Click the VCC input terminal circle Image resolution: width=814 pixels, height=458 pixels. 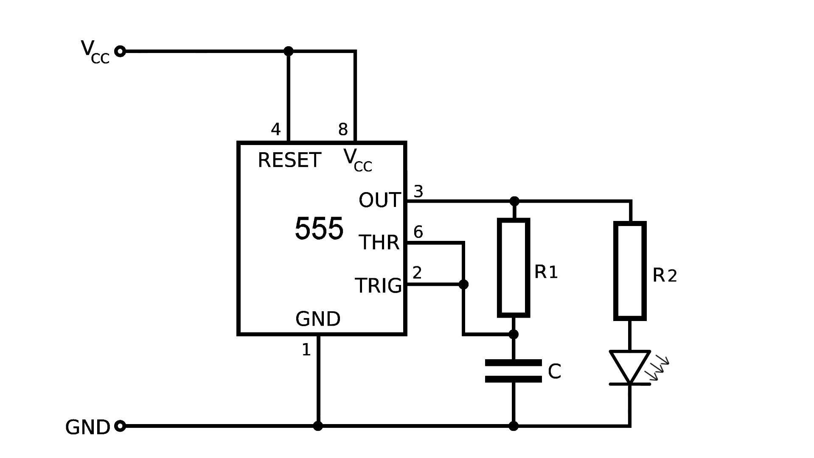pos(121,52)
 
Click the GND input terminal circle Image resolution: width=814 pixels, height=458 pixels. pos(121,426)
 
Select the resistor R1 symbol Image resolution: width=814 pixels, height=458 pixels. pos(514,268)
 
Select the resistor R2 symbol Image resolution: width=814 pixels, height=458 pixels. pos(630,271)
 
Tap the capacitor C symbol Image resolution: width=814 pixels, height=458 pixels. pos(514,371)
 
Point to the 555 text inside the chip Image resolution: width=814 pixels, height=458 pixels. pos(319,229)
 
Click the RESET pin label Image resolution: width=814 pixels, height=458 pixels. pos(289,160)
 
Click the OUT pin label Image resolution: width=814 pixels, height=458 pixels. pos(379,200)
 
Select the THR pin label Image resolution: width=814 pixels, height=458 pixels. pos(379,243)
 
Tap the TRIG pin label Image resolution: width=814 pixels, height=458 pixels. pos(378,285)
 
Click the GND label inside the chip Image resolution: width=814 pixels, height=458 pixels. pos(318,319)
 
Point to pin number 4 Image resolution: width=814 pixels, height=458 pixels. pos(276,129)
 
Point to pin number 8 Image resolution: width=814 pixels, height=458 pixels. pos(343,129)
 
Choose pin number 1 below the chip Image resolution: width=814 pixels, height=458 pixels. pos(306,350)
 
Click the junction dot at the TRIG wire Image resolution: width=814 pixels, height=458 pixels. pos(463,284)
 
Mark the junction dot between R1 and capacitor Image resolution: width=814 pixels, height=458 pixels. pos(514,335)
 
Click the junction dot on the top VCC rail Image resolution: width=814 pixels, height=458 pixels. pos(289,52)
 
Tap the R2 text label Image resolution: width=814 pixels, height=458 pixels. pos(664,276)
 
